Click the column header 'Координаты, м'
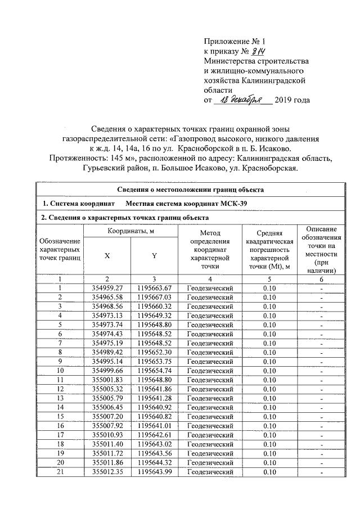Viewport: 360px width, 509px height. click(130, 232)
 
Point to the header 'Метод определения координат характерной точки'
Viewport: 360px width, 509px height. click(210, 250)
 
